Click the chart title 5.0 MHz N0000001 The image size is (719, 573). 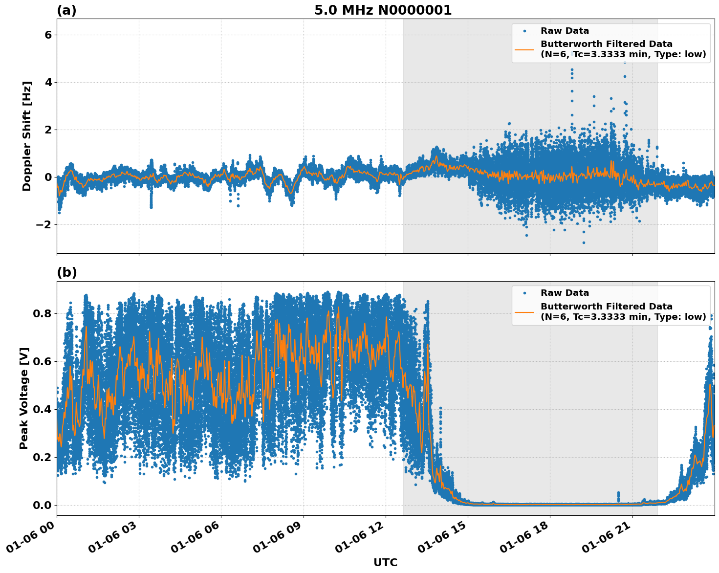pyautogui.click(x=383, y=10)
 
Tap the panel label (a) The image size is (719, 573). pyautogui.click(x=66, y=10)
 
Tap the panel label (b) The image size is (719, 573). pyautogui.click(x=66, y=272)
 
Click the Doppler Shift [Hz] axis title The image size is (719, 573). pyautogui.click(x=27, y=136)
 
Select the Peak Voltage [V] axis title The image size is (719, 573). pyautogui.click(x=24, y=398)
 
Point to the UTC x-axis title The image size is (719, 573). pyautogui.click(x=385, y=562)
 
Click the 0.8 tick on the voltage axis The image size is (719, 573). pyautogui.click(x=43, y=313)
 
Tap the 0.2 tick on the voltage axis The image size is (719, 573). pyautogui.click(x=43, y=457)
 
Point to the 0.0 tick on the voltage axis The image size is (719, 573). pyautogui.click(x=43, y=505)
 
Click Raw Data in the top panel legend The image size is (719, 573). pyautogui.click(x=565, y=31)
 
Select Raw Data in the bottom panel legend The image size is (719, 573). pyautogui.click(x=565, y=293)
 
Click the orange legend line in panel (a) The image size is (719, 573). pyautogui.click(x=524, y=49)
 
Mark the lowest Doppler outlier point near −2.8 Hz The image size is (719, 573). pyautogui.click(x=583, y=242)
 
